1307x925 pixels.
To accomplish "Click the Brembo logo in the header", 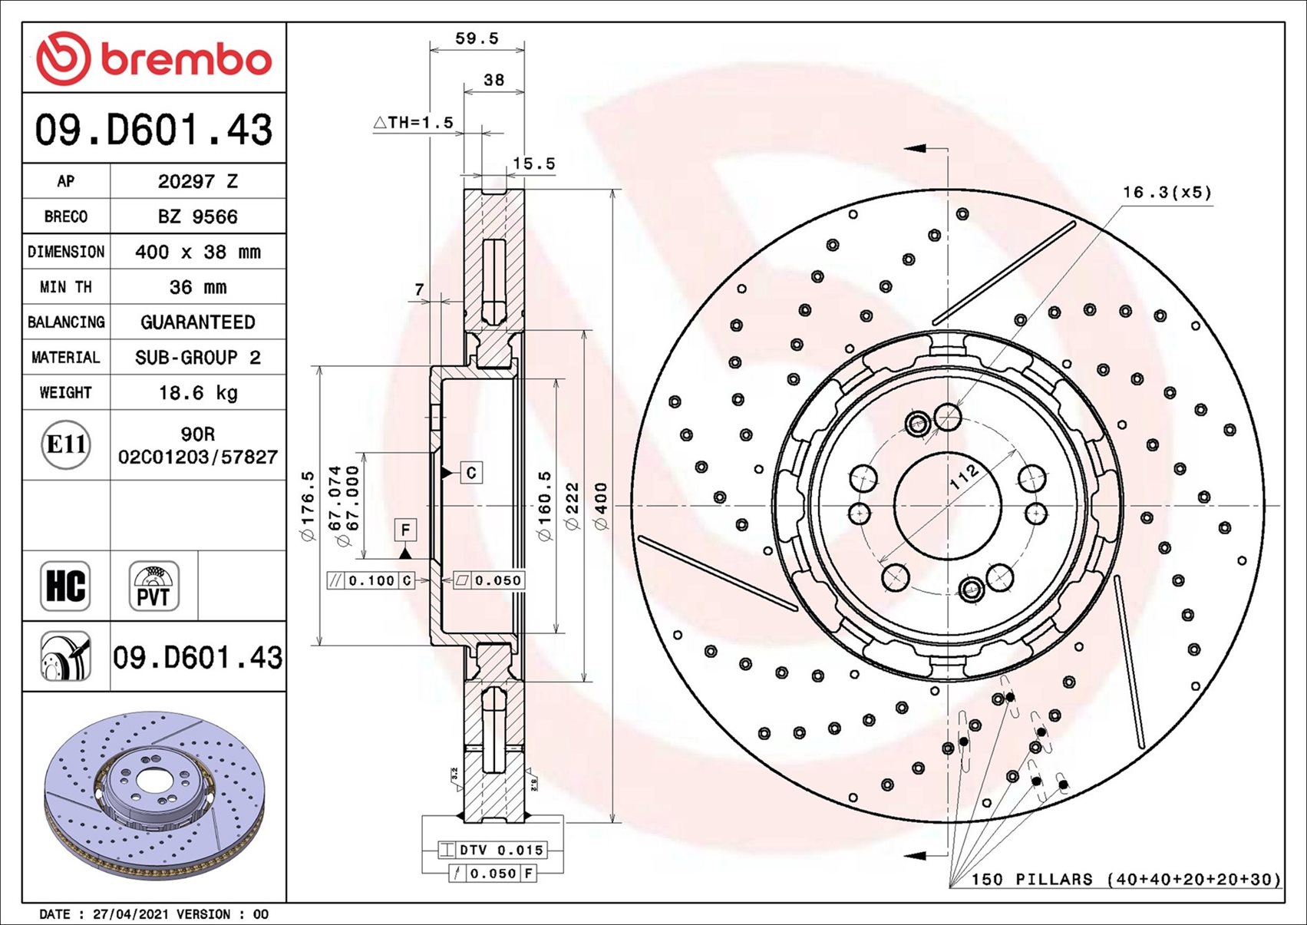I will click(153, 58).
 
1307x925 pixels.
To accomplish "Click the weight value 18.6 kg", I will click(198, 393).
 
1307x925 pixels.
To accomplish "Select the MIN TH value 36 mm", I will click(198, 287).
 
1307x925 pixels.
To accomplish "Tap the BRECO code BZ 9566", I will click(198, 216).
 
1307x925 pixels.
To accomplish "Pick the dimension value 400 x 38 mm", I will click(198, 252).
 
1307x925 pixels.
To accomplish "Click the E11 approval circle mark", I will click(66, 444).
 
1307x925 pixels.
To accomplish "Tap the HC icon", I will click(65, 586).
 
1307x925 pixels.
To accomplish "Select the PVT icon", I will click(153, 586).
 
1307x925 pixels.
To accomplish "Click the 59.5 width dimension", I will click(477, 38).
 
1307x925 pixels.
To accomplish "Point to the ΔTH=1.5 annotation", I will click(414, 123).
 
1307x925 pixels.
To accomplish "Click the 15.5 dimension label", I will click(533, 164).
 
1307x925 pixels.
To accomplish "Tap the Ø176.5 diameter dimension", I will click(308, 506).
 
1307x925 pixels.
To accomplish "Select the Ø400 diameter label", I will click(601, 506).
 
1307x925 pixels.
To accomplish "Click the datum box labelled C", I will click(471, 473).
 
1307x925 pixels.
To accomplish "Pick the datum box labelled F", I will click(405, 530).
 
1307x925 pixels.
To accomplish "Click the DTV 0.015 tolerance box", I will click(500, 850).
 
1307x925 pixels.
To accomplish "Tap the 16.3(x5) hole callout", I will click(1167, 192).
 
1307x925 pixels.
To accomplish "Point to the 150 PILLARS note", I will click(1126, 879).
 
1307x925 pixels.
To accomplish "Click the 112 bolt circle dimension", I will click(964, 477).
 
